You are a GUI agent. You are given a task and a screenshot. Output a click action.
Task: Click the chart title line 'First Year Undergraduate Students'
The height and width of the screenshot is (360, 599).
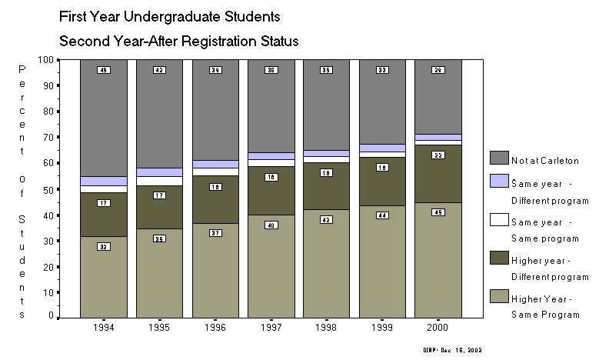[169, 15]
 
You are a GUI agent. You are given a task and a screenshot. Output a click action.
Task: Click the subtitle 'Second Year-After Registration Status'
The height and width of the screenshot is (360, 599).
[178, 40]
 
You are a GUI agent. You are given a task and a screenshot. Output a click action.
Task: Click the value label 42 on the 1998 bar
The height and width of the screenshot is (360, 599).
[327, 220]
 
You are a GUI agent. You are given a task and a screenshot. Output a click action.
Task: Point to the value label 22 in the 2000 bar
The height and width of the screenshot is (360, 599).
[438, 155]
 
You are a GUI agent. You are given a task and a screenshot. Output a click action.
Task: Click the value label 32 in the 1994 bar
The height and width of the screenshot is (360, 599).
[103, 247]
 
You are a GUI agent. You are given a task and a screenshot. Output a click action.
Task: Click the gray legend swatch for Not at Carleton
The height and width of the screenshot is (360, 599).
[500, 158]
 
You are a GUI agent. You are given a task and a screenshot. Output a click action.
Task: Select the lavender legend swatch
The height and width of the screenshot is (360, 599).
[500, 185]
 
